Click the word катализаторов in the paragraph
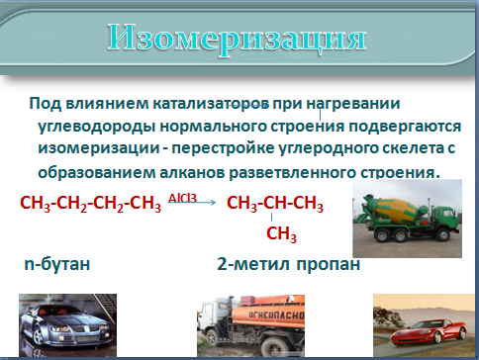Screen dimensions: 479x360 [x=211, y=104]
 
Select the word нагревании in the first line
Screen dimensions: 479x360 [x=353, y=104]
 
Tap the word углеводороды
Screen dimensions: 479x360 [x=97, y=127]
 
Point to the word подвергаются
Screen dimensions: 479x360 [x=405, y=127]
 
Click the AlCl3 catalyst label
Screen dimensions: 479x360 [x=182, y=198]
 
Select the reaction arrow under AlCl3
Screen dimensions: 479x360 [x=192, y=203]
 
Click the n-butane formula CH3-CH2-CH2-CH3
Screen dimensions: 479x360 [x=91, y=204]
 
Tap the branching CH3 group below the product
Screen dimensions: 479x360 [x=281, y=234]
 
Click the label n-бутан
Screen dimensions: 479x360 [x=57, y=264]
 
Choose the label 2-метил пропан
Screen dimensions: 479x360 [x=288, y=264]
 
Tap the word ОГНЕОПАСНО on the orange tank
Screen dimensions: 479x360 [x=276, y=315]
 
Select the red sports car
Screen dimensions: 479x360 [x=429, y=330]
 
